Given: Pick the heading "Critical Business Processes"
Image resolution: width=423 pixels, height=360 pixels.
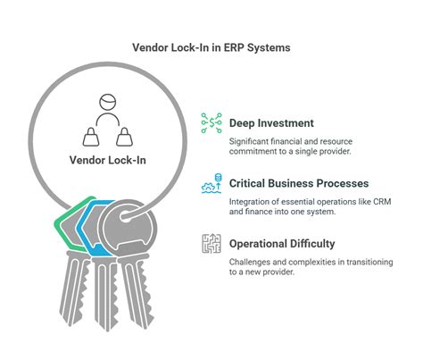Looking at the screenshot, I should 298,183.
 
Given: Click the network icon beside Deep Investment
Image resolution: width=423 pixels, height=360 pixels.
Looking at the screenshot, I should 211,123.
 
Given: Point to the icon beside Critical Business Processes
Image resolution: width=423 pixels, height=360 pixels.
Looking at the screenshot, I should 211,184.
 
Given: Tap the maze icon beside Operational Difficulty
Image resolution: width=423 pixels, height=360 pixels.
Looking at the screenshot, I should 211,244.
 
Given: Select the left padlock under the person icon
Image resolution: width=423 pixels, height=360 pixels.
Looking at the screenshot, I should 91,136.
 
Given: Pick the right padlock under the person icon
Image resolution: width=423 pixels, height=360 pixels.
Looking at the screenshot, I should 124,136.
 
